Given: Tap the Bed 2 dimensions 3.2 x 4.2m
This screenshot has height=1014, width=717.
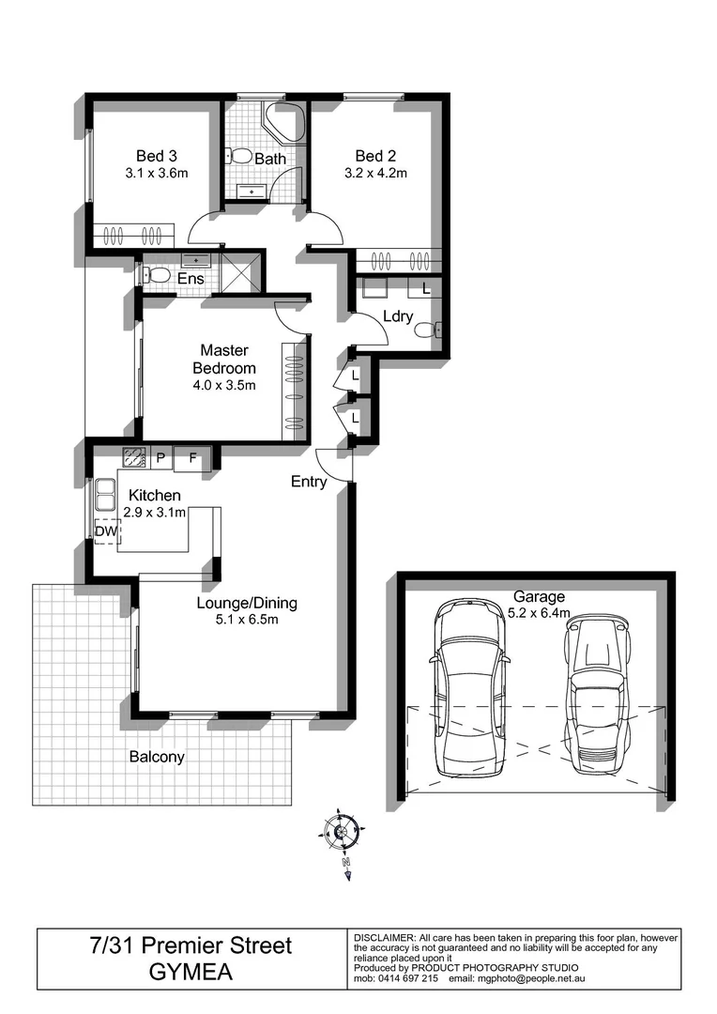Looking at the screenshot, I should (x=380, y=173).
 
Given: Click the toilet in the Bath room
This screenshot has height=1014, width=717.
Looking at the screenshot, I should (x=239, y=156).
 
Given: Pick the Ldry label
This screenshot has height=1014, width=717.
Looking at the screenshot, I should (x=397, y=316).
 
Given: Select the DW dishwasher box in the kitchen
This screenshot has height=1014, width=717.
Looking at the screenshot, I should (x=107, y=531).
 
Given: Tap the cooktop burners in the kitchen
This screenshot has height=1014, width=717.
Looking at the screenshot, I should (x=133, y=458).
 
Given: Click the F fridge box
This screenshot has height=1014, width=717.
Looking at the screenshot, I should (x=192, y=458).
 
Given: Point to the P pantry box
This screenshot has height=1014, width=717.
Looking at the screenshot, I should (x=160, y=458).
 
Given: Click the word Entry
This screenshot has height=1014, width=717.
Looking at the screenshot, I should (x=309, y=482).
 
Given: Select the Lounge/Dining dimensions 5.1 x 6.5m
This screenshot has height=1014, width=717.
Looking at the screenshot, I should (x=237, y=619).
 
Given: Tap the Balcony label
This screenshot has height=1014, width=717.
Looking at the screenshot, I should (x=157, y=757).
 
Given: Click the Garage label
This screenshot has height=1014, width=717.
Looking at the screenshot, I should (x=539, y=596).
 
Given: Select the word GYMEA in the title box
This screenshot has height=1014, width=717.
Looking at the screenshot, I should (x=191, y=973).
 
